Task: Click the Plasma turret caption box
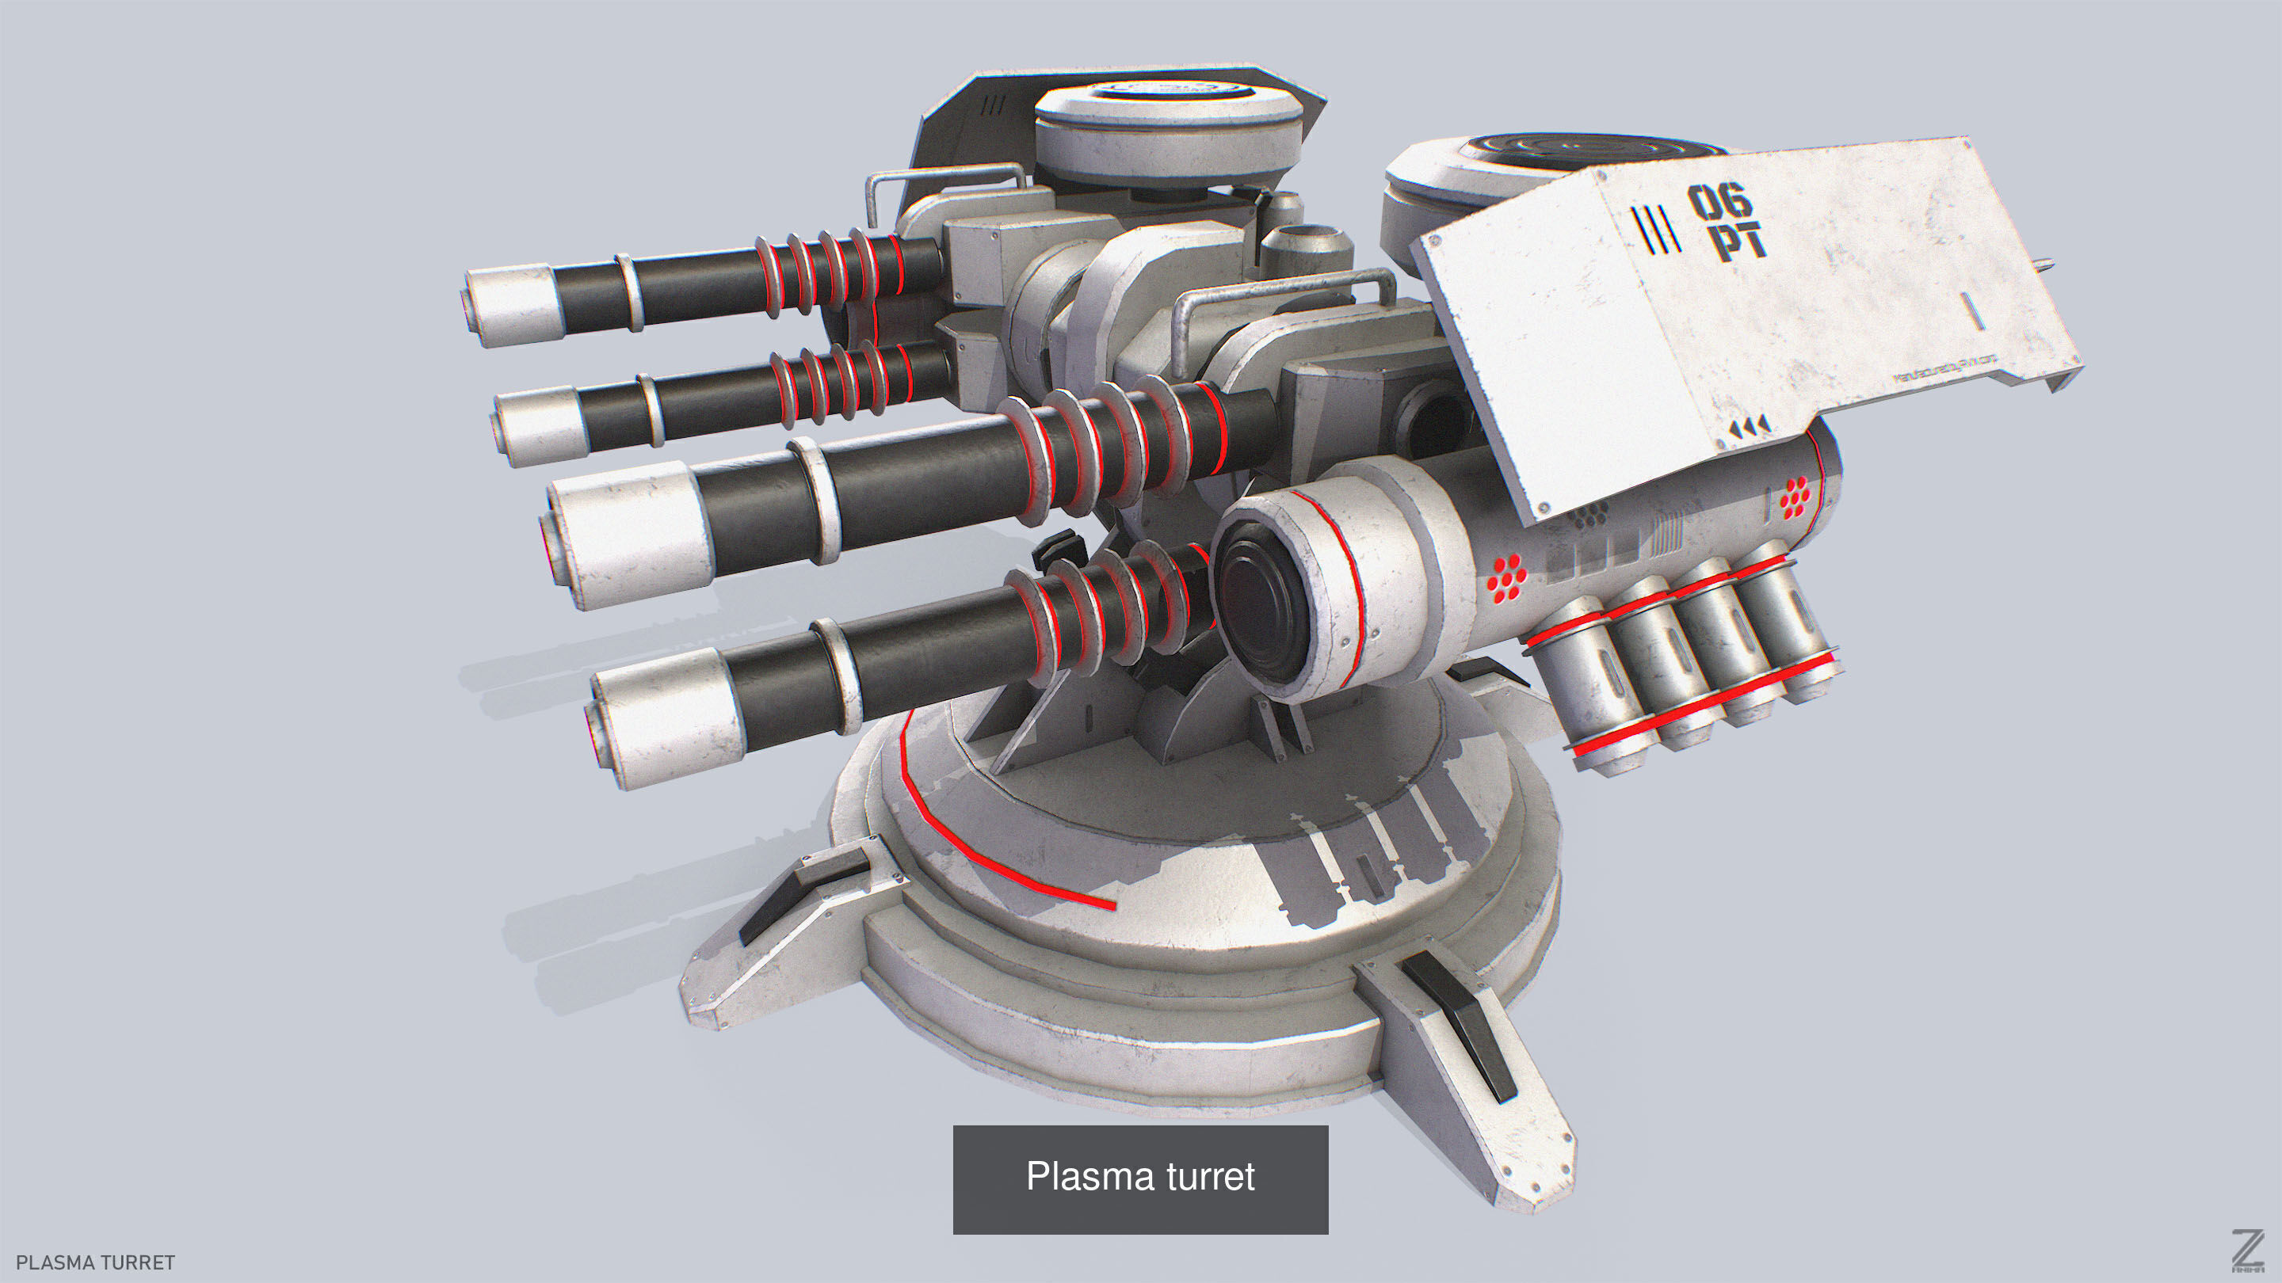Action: [1140, 1178]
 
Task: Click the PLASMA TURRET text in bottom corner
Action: [96, 1262]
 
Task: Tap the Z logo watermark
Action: [2246, 1251]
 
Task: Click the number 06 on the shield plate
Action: [1719, 202]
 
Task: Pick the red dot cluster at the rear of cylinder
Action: [1795, 497]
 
